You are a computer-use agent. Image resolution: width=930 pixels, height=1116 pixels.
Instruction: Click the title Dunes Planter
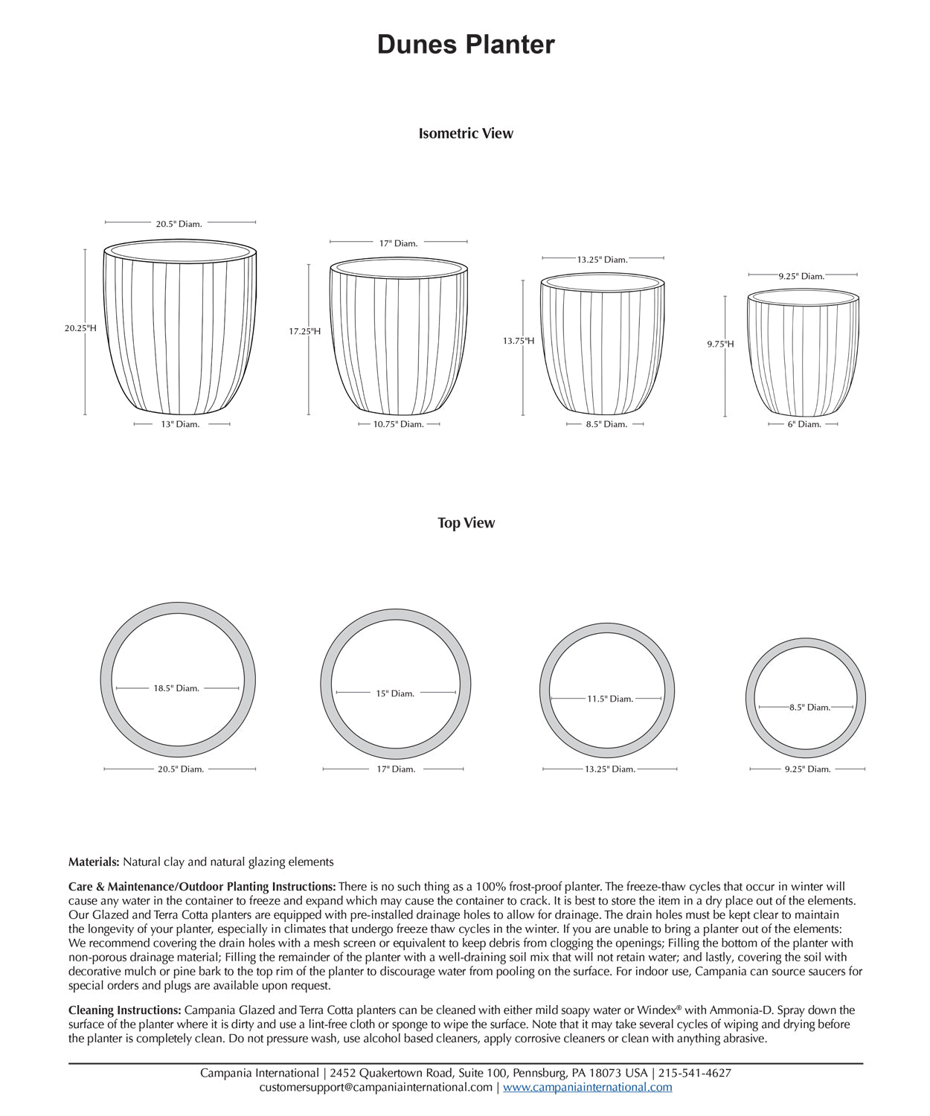coord(466,45)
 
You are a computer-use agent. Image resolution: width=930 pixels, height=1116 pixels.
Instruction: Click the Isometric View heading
coord(466,134)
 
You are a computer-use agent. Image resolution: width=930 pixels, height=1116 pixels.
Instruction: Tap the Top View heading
coord(466,523)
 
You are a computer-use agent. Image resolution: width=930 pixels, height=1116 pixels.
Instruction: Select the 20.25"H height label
coord(80,328)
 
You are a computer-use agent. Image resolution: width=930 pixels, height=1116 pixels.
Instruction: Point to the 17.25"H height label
coord(305,331)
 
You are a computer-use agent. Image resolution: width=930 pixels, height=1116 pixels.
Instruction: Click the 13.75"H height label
coord(519,341)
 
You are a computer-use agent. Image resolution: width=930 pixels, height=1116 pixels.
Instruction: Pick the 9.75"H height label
coord(720,344)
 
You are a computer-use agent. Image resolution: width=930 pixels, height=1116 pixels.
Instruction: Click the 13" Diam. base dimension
coord(180,424)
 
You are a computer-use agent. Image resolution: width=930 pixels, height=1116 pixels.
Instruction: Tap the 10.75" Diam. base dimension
coord(398,424)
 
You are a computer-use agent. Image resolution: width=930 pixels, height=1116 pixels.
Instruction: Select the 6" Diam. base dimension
coord(804,424)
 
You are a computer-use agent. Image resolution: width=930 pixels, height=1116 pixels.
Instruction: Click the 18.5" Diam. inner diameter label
coord(176,688)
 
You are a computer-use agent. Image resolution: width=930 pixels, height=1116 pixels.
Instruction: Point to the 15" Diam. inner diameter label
coord(395,693)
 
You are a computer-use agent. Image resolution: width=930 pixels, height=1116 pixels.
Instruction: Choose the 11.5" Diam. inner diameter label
coord(610,699)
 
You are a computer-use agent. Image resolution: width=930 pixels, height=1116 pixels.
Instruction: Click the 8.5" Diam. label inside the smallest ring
coord(809,707)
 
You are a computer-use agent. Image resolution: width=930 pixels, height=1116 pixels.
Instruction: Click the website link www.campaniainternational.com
coord(587,1087)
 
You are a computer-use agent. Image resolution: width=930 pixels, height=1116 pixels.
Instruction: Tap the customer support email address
coord(376,1087)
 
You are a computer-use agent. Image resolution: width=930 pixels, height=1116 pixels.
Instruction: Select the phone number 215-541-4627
coord(694,1073)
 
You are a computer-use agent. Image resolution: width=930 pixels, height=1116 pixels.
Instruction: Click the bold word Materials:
coord(94,862)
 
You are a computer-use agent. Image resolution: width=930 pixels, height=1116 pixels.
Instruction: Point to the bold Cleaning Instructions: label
coord(125,1010)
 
